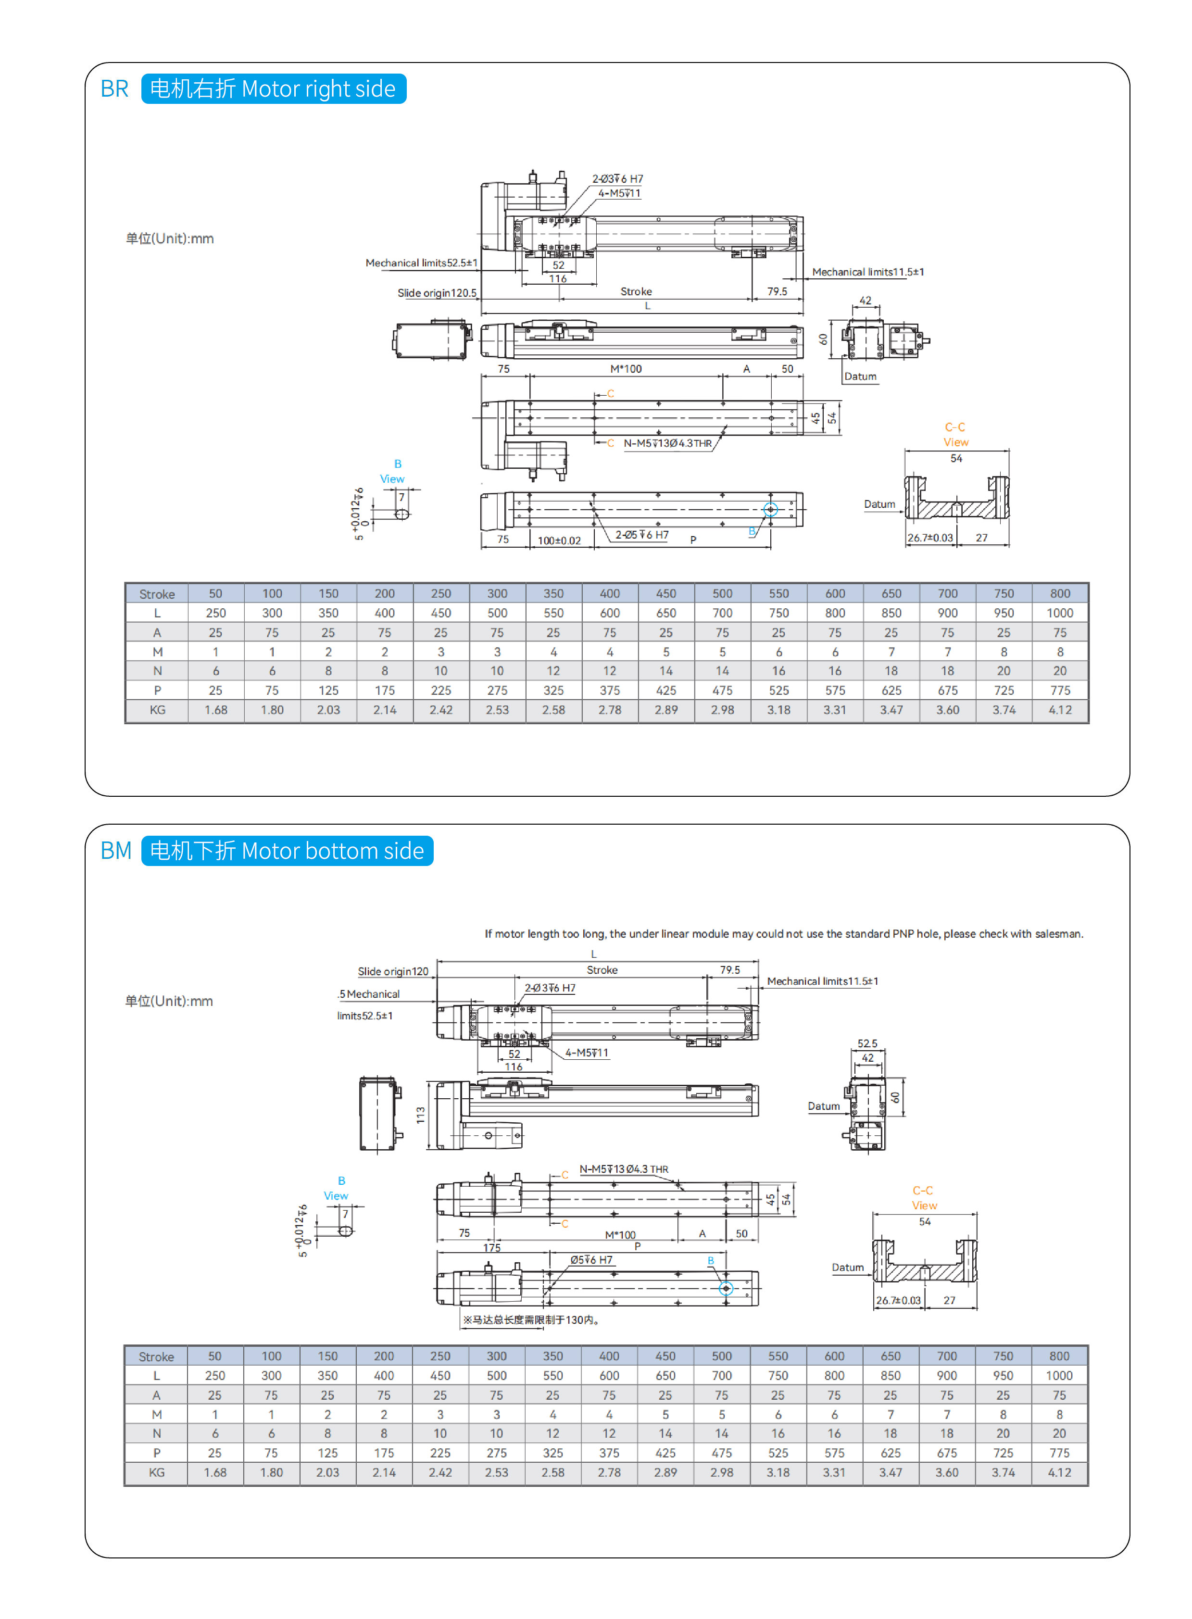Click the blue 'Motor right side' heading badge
(x=274, y=89)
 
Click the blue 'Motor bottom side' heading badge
(x=287, y=851)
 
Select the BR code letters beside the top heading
(x=114, y=89)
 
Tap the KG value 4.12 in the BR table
(x=1059, y=710)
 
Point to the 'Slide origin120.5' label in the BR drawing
(x=437, y=293)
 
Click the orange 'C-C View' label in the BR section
(x=955, y=434)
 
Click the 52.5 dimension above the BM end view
(x=867, y=1043)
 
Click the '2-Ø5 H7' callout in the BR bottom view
(x=641, y=535)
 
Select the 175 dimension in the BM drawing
(x=491, y=1247)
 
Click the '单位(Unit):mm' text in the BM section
(x=169, y=1001)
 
